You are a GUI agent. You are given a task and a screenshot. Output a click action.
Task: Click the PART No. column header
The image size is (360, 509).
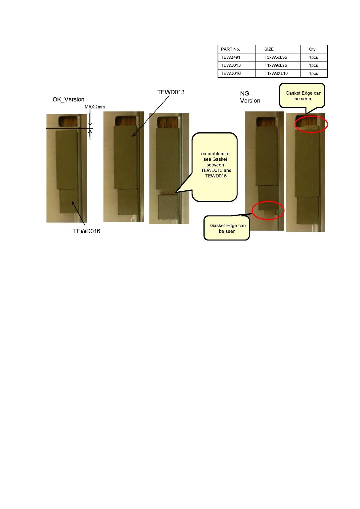230,49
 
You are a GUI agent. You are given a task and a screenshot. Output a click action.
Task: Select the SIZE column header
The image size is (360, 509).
269,49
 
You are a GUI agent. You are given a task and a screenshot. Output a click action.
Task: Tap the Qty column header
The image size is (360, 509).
312,49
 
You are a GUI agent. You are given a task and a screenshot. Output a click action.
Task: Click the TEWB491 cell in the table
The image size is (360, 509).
231,57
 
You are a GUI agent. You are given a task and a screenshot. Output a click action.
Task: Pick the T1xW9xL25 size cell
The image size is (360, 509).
276,65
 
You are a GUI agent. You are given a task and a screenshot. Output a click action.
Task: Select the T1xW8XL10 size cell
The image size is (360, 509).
276,73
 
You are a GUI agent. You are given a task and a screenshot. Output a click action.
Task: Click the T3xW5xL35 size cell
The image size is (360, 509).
276,57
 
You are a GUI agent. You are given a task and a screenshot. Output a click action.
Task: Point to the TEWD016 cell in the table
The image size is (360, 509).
231,73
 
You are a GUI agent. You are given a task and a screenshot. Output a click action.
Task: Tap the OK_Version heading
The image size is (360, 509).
68,99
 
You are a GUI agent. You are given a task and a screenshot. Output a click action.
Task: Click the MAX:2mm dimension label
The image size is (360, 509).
95,107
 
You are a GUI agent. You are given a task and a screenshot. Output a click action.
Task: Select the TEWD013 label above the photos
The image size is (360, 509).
171,92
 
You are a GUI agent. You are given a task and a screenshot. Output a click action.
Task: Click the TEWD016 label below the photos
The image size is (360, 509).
87,231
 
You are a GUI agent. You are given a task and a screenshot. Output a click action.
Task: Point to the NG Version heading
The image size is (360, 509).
250,97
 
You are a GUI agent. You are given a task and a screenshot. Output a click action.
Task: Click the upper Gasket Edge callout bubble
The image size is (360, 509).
303,96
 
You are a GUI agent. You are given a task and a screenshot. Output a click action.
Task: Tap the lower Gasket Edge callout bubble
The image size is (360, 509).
227,228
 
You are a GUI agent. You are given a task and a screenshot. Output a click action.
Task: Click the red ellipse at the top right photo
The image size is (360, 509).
311,124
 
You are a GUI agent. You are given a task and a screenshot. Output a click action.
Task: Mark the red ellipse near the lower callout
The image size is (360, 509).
268,210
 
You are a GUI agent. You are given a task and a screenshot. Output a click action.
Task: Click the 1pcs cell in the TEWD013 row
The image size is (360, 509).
313,65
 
